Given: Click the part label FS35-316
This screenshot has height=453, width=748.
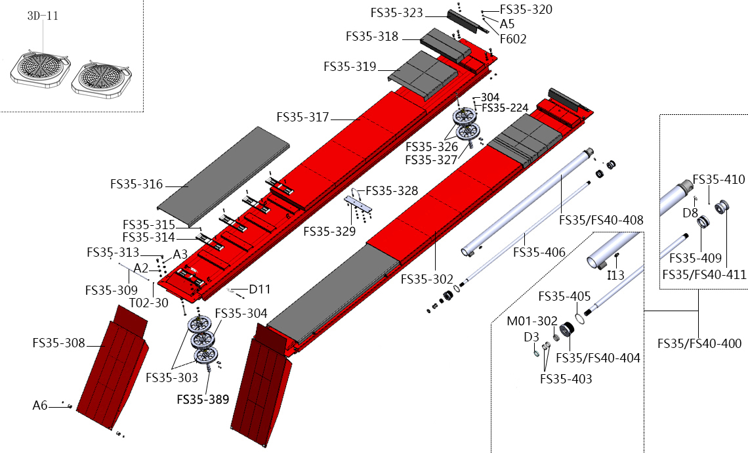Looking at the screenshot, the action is coord(136,184).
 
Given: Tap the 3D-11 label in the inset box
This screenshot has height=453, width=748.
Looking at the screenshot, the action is coord(43,16).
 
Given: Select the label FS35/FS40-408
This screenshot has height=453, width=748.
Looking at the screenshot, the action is coord(601,220).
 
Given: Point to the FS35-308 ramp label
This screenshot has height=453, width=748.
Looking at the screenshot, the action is coord(58,343).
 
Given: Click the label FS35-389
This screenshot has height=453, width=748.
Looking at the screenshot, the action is coord(203,399).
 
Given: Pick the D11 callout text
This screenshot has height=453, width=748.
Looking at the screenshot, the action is coord(260,290).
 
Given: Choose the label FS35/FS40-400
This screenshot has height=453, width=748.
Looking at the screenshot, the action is coord(699,343).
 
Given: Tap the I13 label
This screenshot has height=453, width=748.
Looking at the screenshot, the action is coord(615,275).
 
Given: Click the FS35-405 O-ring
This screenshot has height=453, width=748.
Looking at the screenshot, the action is coord(579,318).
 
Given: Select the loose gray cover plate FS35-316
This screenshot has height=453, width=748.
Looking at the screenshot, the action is coord(223,174).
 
